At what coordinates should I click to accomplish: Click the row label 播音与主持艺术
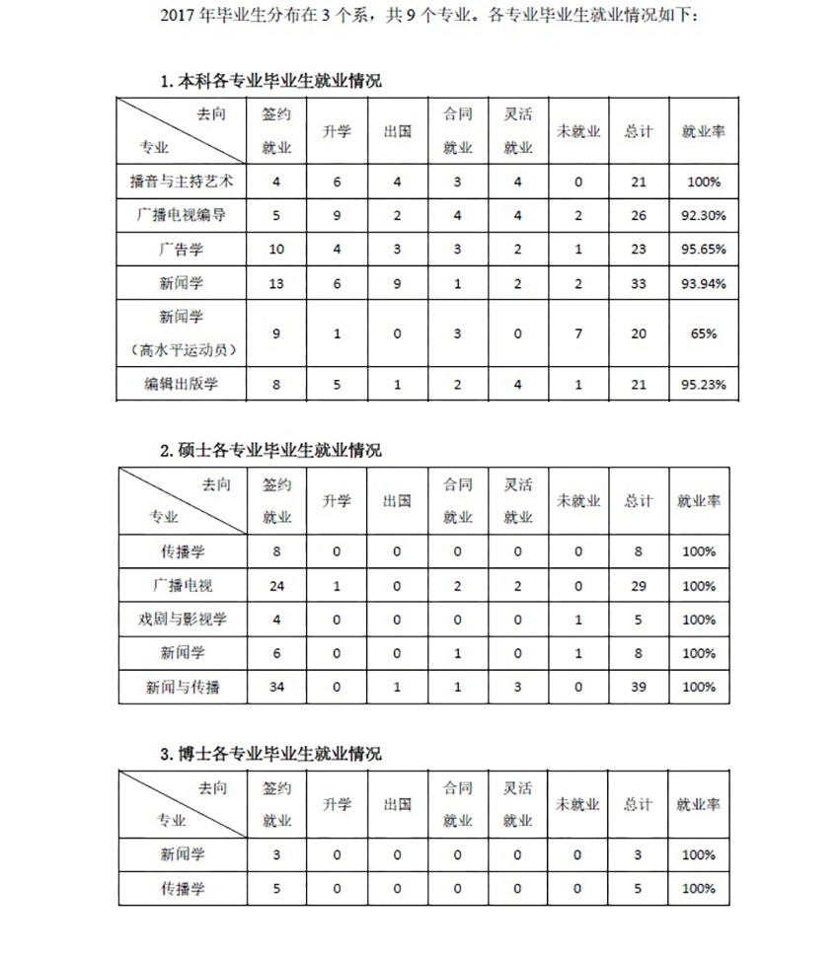pos(182,182)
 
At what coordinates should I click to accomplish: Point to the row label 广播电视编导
pos(182,215)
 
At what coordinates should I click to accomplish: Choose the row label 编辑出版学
pos(182,384)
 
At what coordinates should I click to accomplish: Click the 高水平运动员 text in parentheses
pos(182,350)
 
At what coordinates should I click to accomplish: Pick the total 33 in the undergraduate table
pos(639,284)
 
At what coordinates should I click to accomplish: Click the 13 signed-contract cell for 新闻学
pos(277,284)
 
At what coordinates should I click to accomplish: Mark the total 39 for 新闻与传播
pos(639,687)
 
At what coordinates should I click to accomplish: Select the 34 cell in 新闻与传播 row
pos(277,687)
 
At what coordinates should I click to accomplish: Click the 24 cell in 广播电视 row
pos(277,586)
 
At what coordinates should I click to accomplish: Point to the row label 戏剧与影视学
pos(183,620)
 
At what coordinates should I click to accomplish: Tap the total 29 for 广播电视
pos(639,586)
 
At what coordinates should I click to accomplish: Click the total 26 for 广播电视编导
pos(639,215)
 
